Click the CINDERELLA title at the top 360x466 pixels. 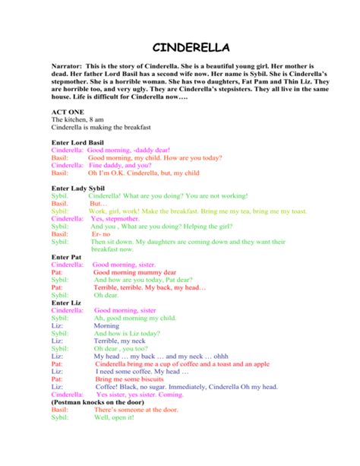[179, 47]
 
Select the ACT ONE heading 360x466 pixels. [65, 112]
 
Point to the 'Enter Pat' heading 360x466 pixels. [66, 257]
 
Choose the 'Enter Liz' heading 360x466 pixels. [66, 303]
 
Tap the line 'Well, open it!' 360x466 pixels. [114, 417]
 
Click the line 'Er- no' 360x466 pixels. [101, 233]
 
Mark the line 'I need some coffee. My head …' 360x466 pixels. [143, 371]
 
